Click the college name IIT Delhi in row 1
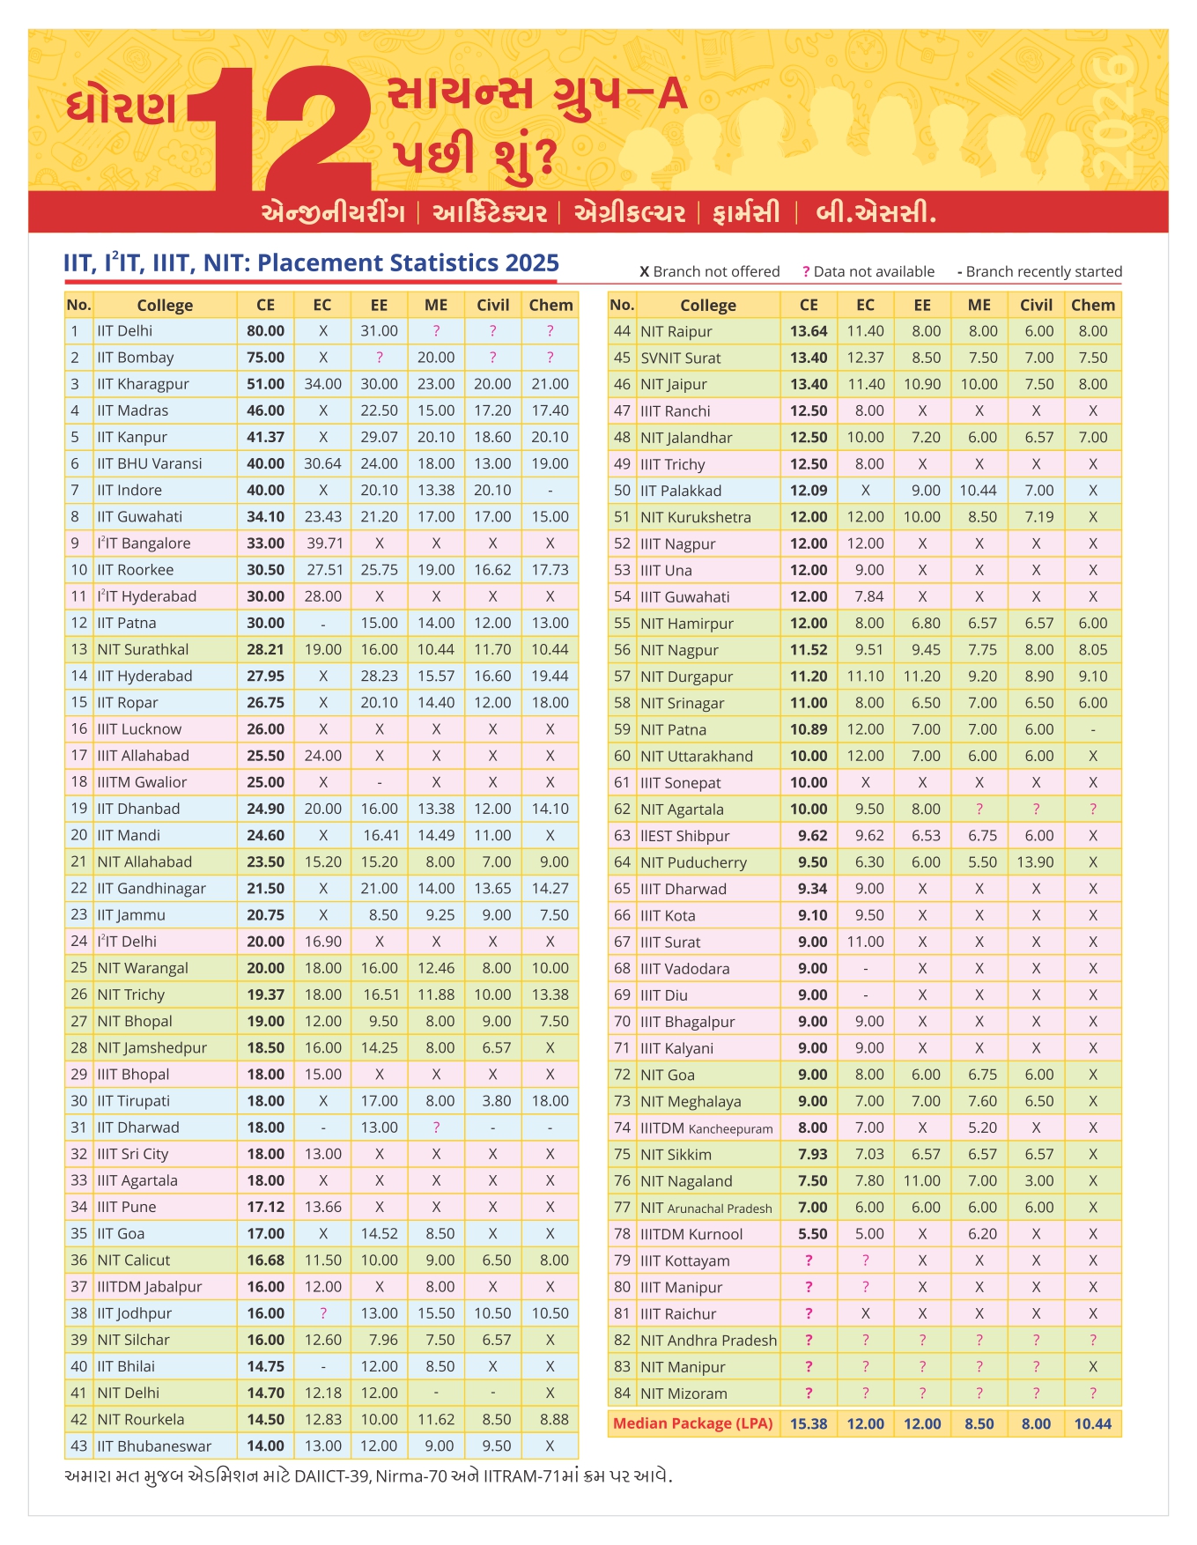(x=124, y=331)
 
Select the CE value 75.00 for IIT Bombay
(x=265, y=358)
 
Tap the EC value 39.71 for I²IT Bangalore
(x=323, y=543)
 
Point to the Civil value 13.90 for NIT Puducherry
(x=1036, y=862)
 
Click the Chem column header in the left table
(x=550, y=305)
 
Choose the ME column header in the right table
(x=979, y=305)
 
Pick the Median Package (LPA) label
(x=692, y=1423)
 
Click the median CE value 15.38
(x=809, y=1423)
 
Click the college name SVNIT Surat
(x=680, y=358)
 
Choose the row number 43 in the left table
(x=78, y=1446)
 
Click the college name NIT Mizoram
(x=683, y=1393)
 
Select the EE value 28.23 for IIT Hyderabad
(x=379, y=676)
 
